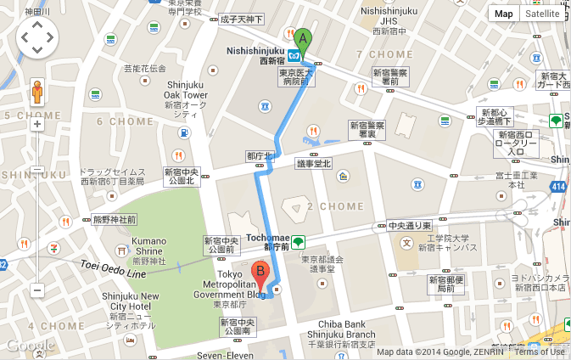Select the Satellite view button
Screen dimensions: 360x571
[541, 14]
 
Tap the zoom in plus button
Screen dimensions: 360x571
[37, 124]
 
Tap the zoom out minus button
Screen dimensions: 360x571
[37, 290]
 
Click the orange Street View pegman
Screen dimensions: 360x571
[37, 90]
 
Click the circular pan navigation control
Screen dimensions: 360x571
[37, 38]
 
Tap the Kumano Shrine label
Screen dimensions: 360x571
[148, 246]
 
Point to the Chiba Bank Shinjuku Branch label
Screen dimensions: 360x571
[347, 329]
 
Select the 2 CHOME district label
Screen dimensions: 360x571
[335, 206]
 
